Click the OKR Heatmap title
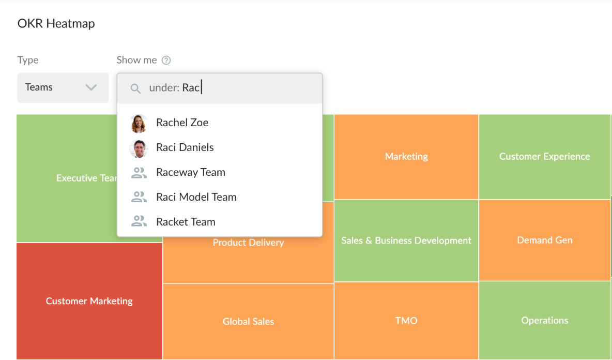56,23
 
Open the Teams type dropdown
63,87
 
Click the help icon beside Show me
166,60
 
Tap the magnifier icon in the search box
135,88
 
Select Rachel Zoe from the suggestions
182,123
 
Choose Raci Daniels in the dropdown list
185,147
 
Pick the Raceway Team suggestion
190,172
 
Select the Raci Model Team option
196,197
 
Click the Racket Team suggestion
186,222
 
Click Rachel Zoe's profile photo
139,124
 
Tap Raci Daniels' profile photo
139,148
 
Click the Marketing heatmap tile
406,157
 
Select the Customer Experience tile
544,157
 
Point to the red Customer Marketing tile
89,301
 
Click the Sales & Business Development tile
406,241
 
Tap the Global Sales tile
248,321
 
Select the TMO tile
406,321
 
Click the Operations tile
544,321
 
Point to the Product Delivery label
248,243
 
